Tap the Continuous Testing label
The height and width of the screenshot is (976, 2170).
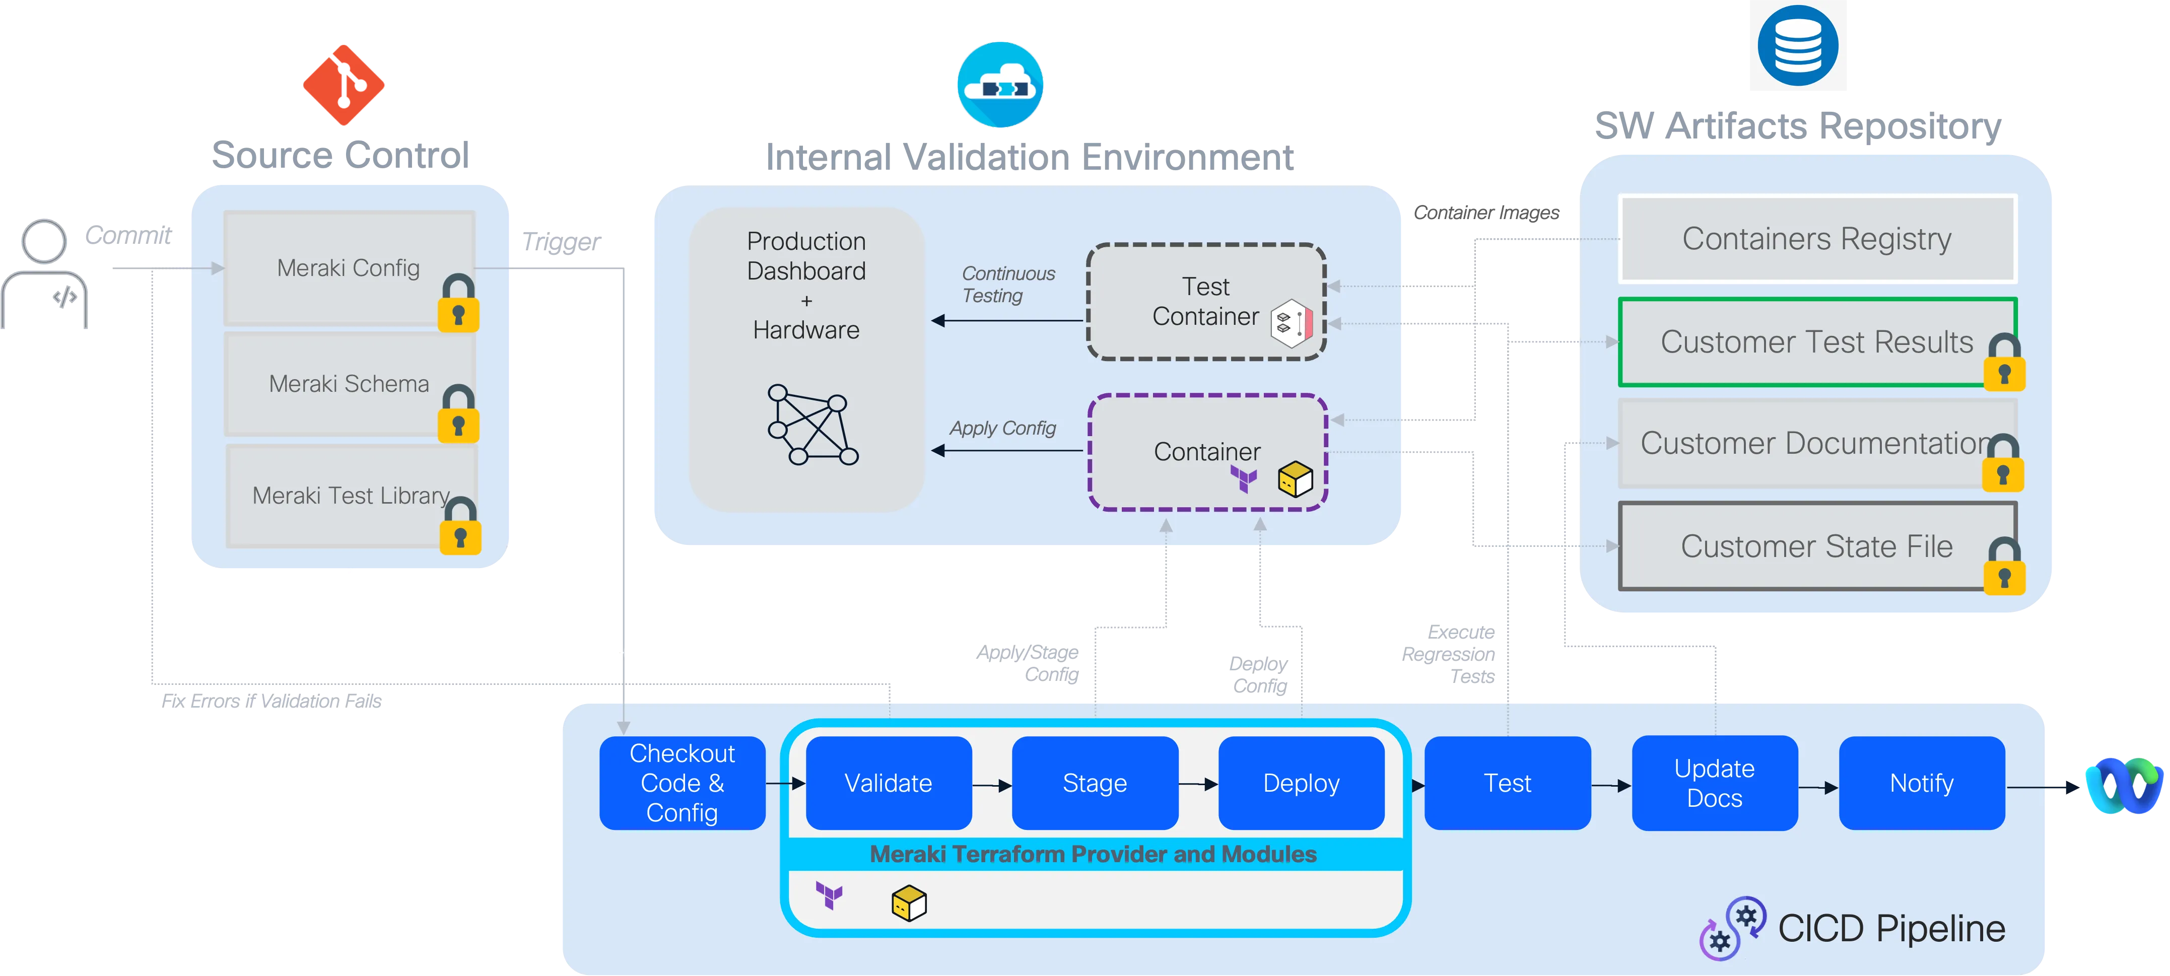(1007, 285)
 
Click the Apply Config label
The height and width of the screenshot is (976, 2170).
(1002, 428)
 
